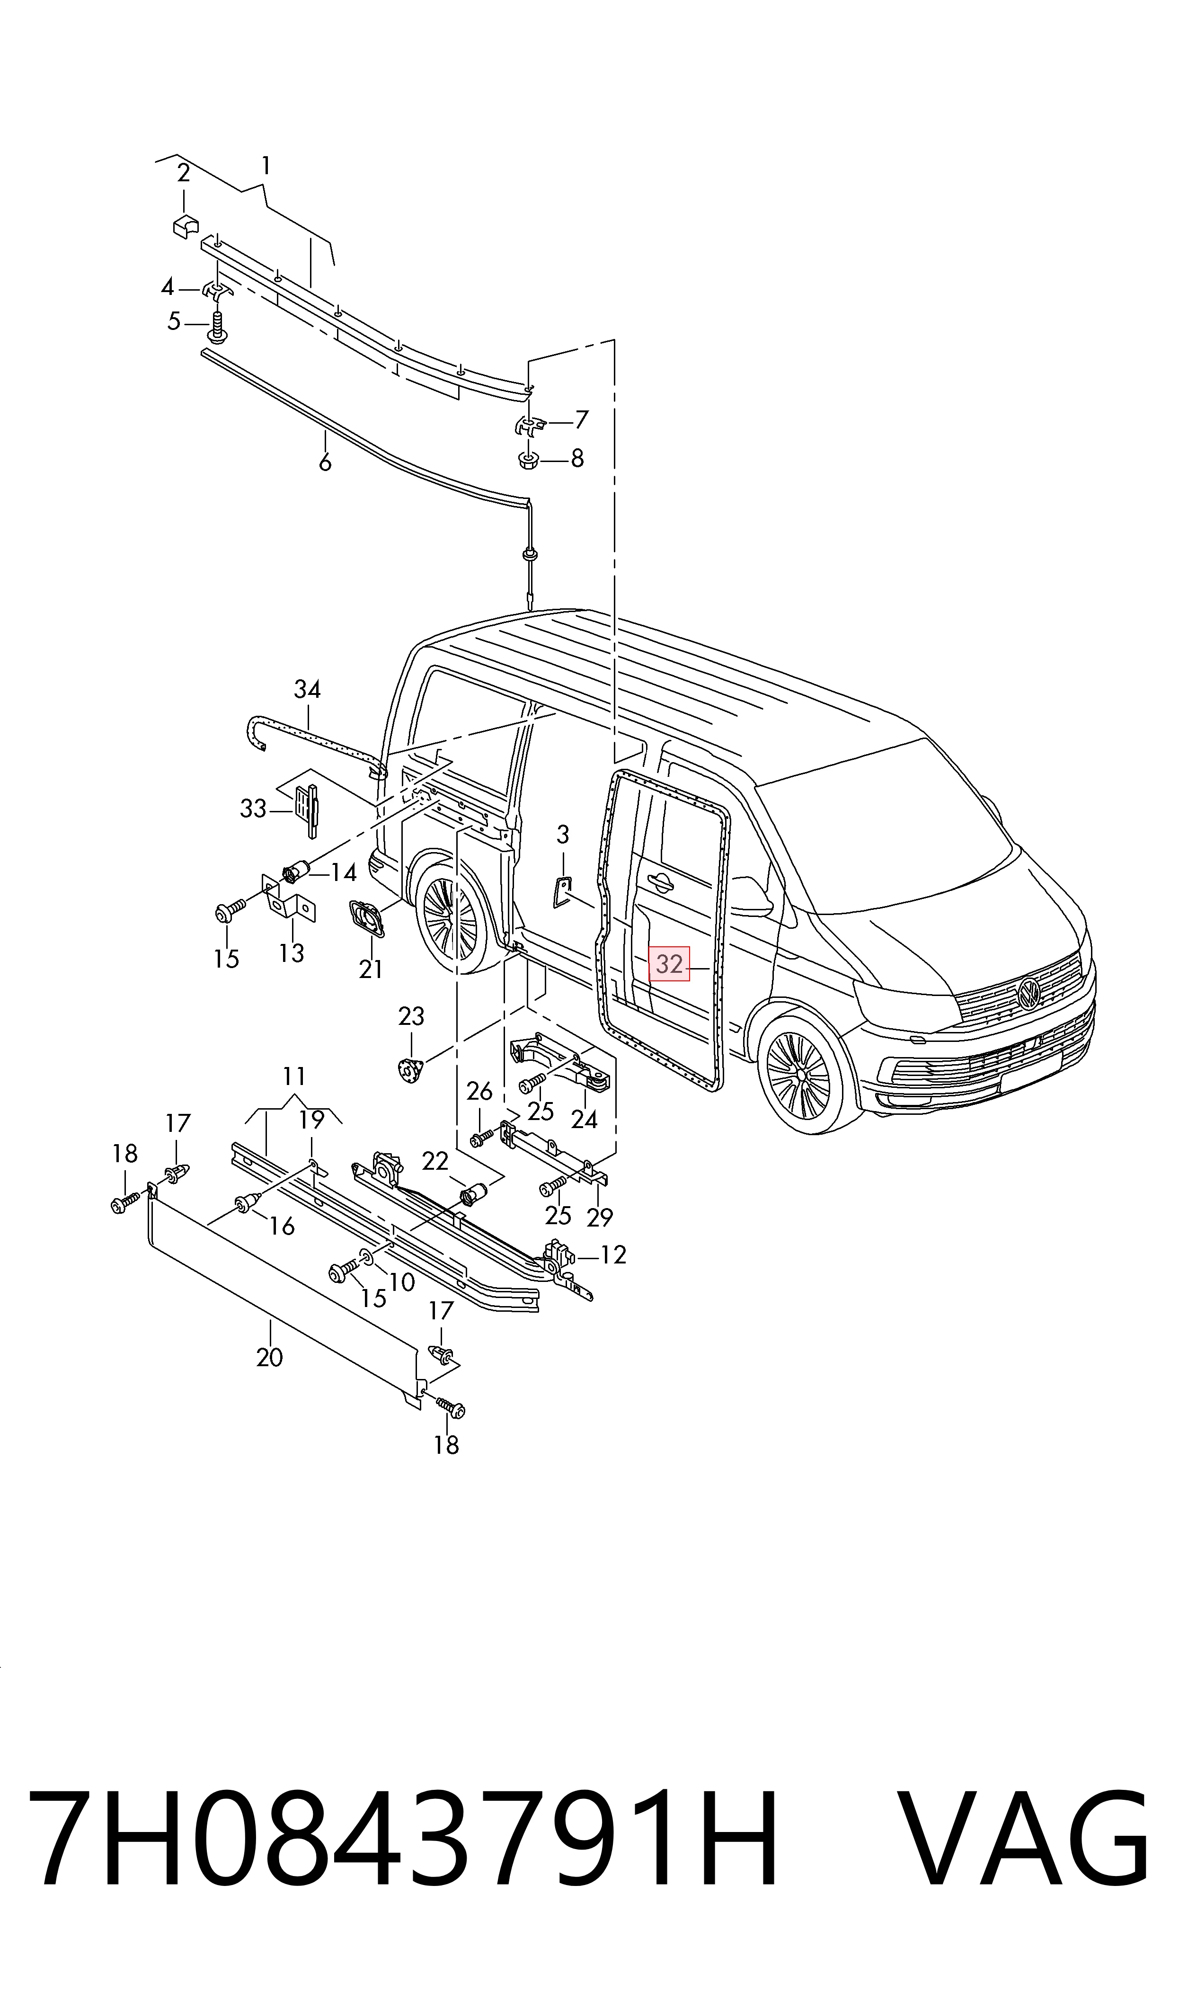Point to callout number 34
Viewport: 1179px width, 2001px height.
click(308, 689)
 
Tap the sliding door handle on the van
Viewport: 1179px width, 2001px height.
click(660, 880)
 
